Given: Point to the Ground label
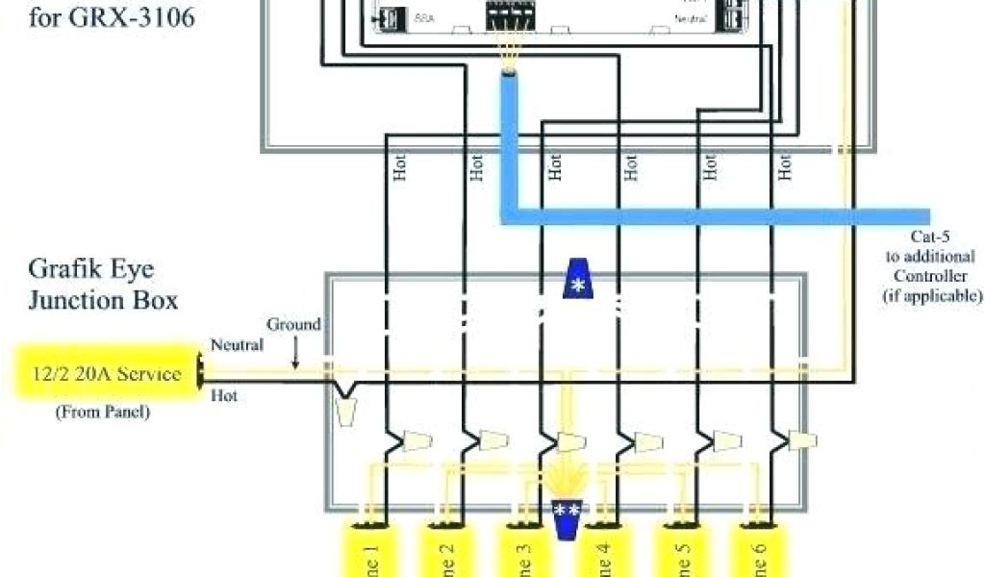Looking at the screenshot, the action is [293, 325].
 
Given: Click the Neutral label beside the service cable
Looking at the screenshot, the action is [237, 345].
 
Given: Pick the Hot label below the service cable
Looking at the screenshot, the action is [223, 395].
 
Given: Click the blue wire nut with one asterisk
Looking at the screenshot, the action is [577, 280].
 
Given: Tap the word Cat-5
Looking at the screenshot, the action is [931, 238].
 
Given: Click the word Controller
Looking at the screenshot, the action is [931, 277].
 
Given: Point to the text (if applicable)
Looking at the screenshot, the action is [932, 296].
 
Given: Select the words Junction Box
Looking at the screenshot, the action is [103, 300].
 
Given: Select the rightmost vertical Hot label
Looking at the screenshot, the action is [786, 169].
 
